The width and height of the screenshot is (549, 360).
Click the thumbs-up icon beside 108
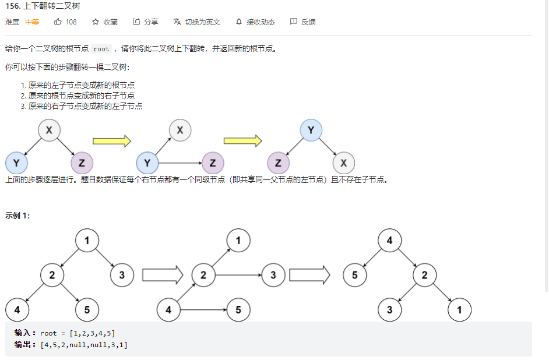58,22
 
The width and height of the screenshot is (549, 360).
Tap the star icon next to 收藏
96,22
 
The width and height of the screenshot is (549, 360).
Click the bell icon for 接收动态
238,22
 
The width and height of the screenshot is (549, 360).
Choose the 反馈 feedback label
308,22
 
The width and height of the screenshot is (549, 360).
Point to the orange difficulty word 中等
32,22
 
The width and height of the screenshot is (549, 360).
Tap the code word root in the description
101,49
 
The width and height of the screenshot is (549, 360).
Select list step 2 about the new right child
80,95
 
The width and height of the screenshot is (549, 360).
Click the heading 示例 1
17,216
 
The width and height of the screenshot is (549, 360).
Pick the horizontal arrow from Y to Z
180,163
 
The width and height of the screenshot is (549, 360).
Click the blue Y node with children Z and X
311,130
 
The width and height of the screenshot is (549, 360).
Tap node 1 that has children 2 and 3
87,240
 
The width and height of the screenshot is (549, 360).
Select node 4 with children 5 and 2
389,240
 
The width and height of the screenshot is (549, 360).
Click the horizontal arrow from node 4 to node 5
203,309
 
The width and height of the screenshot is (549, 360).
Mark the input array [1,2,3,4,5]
91,333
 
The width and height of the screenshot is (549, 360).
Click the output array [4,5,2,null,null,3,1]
84,345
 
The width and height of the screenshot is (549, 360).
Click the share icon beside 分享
136,22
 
